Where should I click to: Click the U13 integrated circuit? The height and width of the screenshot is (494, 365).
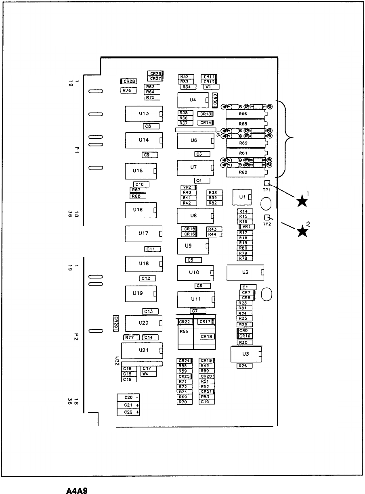pyautogui.click(x=144, y=114)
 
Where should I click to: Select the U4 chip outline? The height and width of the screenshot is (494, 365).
pyautogui.click(x=193, y=100)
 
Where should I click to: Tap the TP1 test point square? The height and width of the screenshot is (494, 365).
pyautogui.click(x=267, y=183)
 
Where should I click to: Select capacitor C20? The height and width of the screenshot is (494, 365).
pyautogui.click(x=128, y=398)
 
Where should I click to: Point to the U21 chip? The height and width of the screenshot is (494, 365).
pyautogui.click(x=142, y=350)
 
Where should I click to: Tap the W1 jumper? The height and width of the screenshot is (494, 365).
pyautogui.click(x=211, y=86)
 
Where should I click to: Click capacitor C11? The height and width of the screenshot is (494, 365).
pyautogui.click(x=153, y=249)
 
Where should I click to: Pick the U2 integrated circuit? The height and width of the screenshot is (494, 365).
pyautogui.click(x=245, y=272)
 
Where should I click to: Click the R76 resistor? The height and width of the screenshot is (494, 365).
pyautogui.click(x=128, y=91)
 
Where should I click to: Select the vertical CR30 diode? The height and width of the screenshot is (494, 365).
pyautogui.click(x=215, y=99)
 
